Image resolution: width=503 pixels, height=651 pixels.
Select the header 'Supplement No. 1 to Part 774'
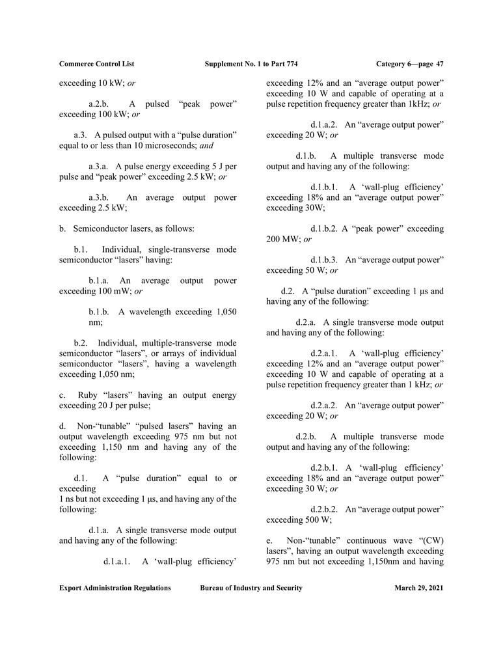coord(251,64)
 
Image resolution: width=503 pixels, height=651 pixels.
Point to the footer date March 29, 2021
coord(418,588)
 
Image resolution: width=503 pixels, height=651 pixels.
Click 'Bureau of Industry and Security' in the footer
coord(251,588)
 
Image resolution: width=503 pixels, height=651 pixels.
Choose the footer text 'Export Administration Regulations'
coord(115,588)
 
